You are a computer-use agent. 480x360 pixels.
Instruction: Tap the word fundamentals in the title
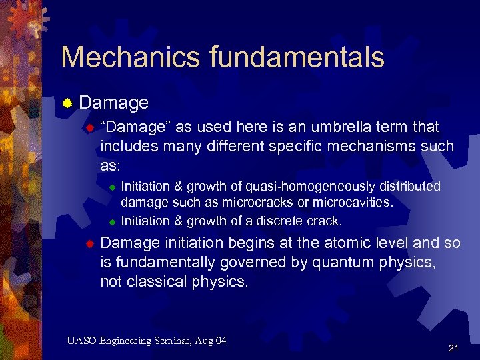click(x=297, y=57)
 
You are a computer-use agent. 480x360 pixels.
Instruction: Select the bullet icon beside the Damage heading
click(x=67, y=103)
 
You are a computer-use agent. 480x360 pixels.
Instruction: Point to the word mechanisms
click(x=374, y=145)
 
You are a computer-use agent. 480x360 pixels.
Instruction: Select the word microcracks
click(x=259, y=201)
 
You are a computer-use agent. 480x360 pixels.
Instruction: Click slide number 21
click(x=454, y=348)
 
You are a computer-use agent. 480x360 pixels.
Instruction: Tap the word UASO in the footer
click(x=82, y=341)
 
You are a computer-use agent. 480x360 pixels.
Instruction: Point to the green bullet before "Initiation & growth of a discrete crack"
click(x=113, y=221)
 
